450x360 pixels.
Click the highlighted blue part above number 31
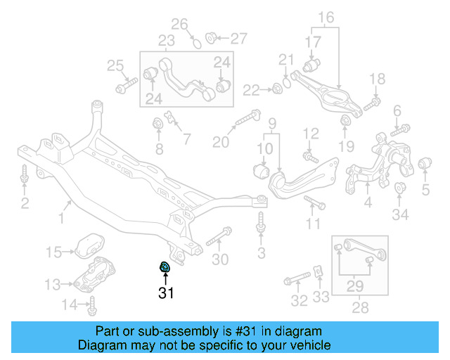click(x=164, y=266)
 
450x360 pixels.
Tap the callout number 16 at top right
click(x=326, y=17)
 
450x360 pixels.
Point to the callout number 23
click(x=166, y=40)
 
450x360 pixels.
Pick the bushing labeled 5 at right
click(x=425, y=165)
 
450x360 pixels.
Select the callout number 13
click(x=53, y=284)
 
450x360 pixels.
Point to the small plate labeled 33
click(x=317, y=272)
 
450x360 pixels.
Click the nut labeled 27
click(x=211, y=37)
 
